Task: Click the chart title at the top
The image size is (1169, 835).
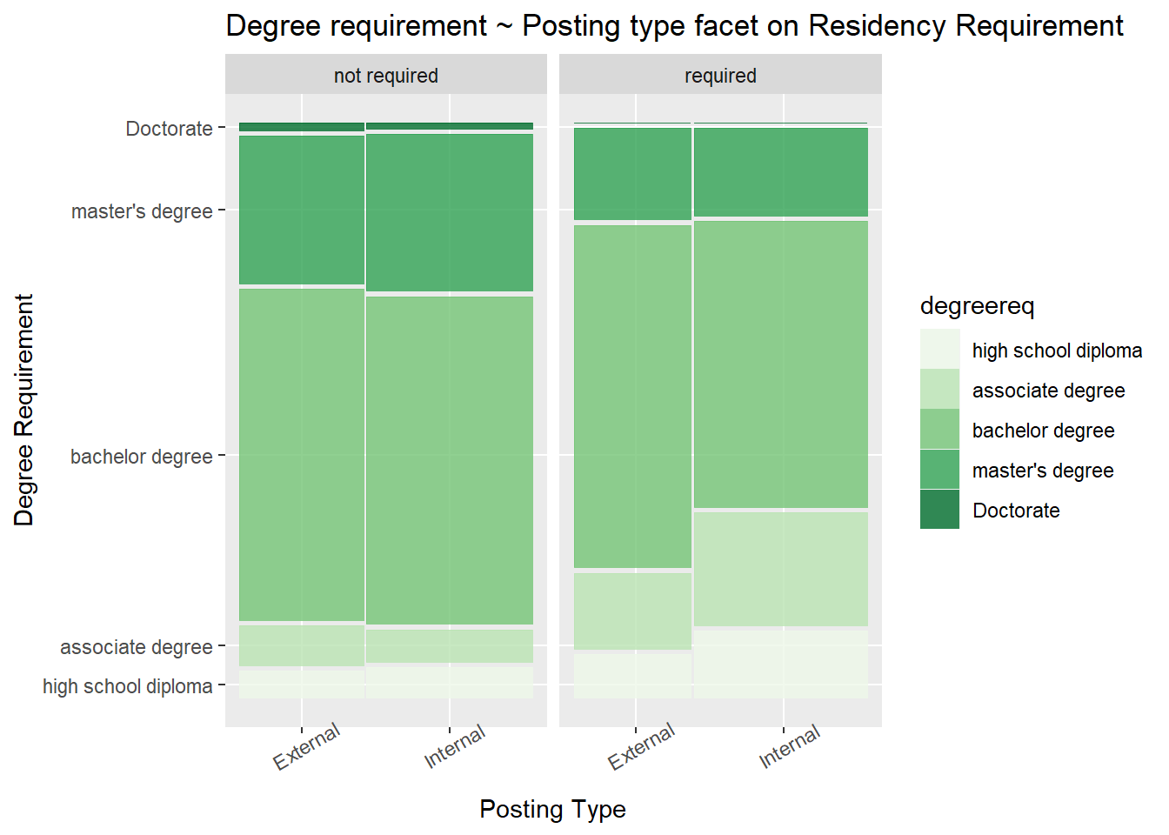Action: click(x=674, y=26)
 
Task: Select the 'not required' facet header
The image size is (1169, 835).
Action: click(x=385, y=76)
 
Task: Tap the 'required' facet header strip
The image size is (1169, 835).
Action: click(x=720, y=76)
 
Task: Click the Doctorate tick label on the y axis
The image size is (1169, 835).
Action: click(x=169, y=129)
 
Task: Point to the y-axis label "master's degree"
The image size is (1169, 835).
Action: click(x=142, y=211)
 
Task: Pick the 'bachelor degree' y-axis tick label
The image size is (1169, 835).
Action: click(x=141, y=457)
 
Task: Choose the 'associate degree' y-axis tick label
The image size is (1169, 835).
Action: click(x=136, y=647)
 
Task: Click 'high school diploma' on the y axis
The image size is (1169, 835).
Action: click(x=127, y=686)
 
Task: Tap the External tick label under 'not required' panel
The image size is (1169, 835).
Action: click(x=306, y=747)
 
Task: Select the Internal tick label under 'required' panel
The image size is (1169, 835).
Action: click(x=789, y=747)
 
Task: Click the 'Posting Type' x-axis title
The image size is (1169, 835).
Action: click(x=552, y=809)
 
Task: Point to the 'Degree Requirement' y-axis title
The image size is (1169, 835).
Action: click(x=24, y=410)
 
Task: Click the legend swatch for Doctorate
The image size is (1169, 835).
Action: click(x=939, y=510)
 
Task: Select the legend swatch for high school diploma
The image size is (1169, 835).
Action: click(x=939, y=350)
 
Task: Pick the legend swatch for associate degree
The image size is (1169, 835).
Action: click(x=939, y=390)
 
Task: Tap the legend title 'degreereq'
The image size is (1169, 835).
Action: click(x=977, y=306)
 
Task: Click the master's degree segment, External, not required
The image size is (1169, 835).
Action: click(x=301, y=210)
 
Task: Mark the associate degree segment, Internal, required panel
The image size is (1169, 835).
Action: click(x=780, y=569)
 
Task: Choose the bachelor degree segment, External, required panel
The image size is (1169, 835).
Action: click(x=632, y=396)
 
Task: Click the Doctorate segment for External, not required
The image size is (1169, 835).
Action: click(x=301, y=127)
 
